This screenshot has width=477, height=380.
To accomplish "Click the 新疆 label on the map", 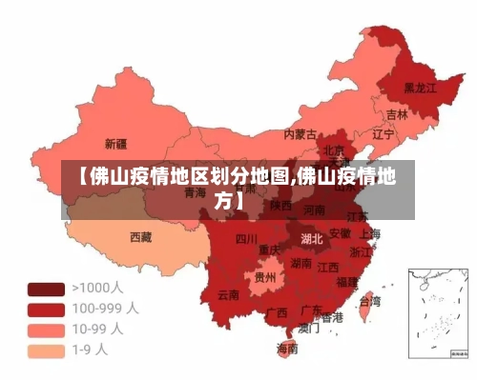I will [x=115, y=145].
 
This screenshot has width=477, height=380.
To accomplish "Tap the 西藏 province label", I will [x=140, y=236].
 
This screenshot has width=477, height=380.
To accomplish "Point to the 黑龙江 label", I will [x=420, y=87].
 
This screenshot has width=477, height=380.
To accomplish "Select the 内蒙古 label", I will [x=301, y=134].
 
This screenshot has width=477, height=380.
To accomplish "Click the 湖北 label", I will [x=311, y=238].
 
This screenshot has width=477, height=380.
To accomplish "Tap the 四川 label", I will [x=246, y=238].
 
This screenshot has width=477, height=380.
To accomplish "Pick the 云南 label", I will [x=228, y=294].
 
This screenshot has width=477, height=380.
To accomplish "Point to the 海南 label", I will [x=287, y=349].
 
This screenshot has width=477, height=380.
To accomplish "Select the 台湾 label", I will [x=368, y=301].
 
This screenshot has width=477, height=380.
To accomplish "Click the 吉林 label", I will [x=397, y=114].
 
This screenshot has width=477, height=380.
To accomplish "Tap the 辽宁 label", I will [x=383, y=134].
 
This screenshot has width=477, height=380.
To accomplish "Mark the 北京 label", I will [x=333, y=150].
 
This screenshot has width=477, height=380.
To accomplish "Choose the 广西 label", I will [x=277, y=311].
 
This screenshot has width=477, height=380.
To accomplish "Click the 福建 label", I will [x=346, y=282].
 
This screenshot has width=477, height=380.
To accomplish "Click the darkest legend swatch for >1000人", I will [x=46, y=288].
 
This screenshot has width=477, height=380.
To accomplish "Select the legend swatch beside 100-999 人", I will [x=46, y=309].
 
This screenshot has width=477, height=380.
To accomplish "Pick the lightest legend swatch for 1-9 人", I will [x=46, y=350].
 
